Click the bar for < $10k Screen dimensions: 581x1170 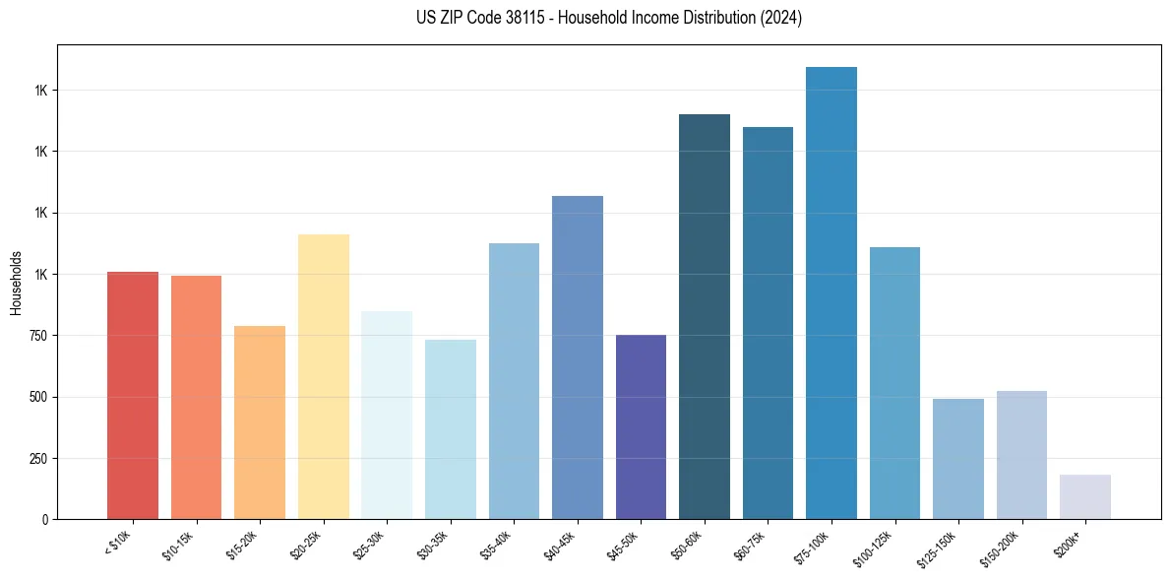point(133,395)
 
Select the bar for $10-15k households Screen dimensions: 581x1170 point(196,397)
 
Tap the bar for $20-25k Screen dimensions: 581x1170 point(323,376)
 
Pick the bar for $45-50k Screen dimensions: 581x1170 point(641,426)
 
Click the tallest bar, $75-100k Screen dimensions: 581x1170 point(831,292)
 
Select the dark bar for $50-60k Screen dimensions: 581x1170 point(705,316)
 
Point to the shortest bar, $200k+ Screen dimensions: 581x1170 point(1085,496)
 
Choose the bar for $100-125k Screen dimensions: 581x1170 point(894,383)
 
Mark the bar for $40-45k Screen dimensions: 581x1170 point(578,357)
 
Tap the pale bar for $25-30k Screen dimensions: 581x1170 point(387,415)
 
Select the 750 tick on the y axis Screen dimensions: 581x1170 point(39,336)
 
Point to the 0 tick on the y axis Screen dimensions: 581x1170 point(46,519)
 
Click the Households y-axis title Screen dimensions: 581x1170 point(16,282)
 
